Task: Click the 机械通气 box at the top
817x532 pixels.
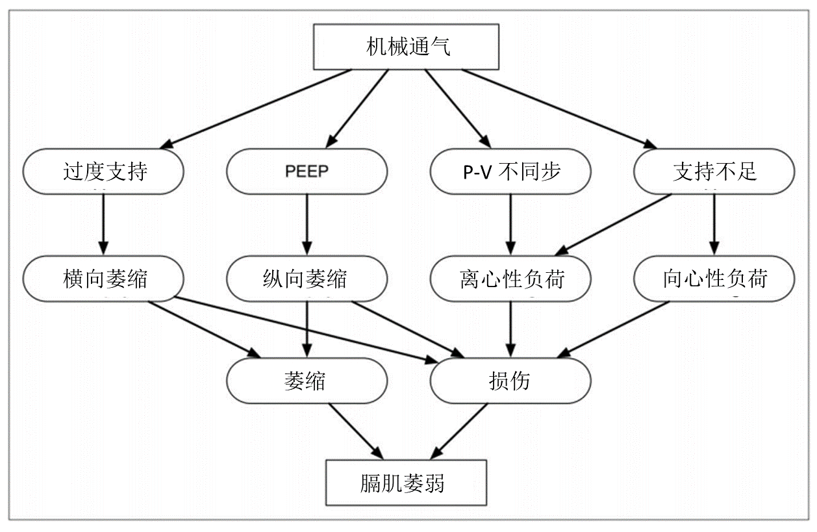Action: coord(406,47)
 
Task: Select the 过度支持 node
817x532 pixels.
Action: coord(103,171)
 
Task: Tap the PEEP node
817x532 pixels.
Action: coord(307,171)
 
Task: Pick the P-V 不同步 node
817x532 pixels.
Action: coord(510,171)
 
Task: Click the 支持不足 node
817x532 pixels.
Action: coord(714,171)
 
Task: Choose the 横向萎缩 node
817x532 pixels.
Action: coord(103,279)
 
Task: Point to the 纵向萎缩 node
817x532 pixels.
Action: coord(307,279)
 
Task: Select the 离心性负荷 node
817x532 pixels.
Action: coord(510,279)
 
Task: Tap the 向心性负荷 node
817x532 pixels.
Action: coord(714,279)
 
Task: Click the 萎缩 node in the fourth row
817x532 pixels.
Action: coord(307,381)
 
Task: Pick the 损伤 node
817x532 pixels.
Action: coord(510,381)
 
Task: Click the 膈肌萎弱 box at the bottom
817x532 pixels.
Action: coord(406,483)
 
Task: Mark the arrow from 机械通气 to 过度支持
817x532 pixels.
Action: coord(255,109)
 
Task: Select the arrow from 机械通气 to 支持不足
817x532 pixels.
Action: coord(559,109)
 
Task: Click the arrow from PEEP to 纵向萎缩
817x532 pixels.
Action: coord(307,225)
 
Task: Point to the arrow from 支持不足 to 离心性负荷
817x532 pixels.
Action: coord(613,225)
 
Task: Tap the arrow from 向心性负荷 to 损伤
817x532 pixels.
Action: coord(614,329)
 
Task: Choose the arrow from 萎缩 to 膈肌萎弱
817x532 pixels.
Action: coord(356,431)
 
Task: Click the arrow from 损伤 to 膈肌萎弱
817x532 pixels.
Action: coord(459,431)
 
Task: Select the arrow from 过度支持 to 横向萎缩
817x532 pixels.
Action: coord(103,225)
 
